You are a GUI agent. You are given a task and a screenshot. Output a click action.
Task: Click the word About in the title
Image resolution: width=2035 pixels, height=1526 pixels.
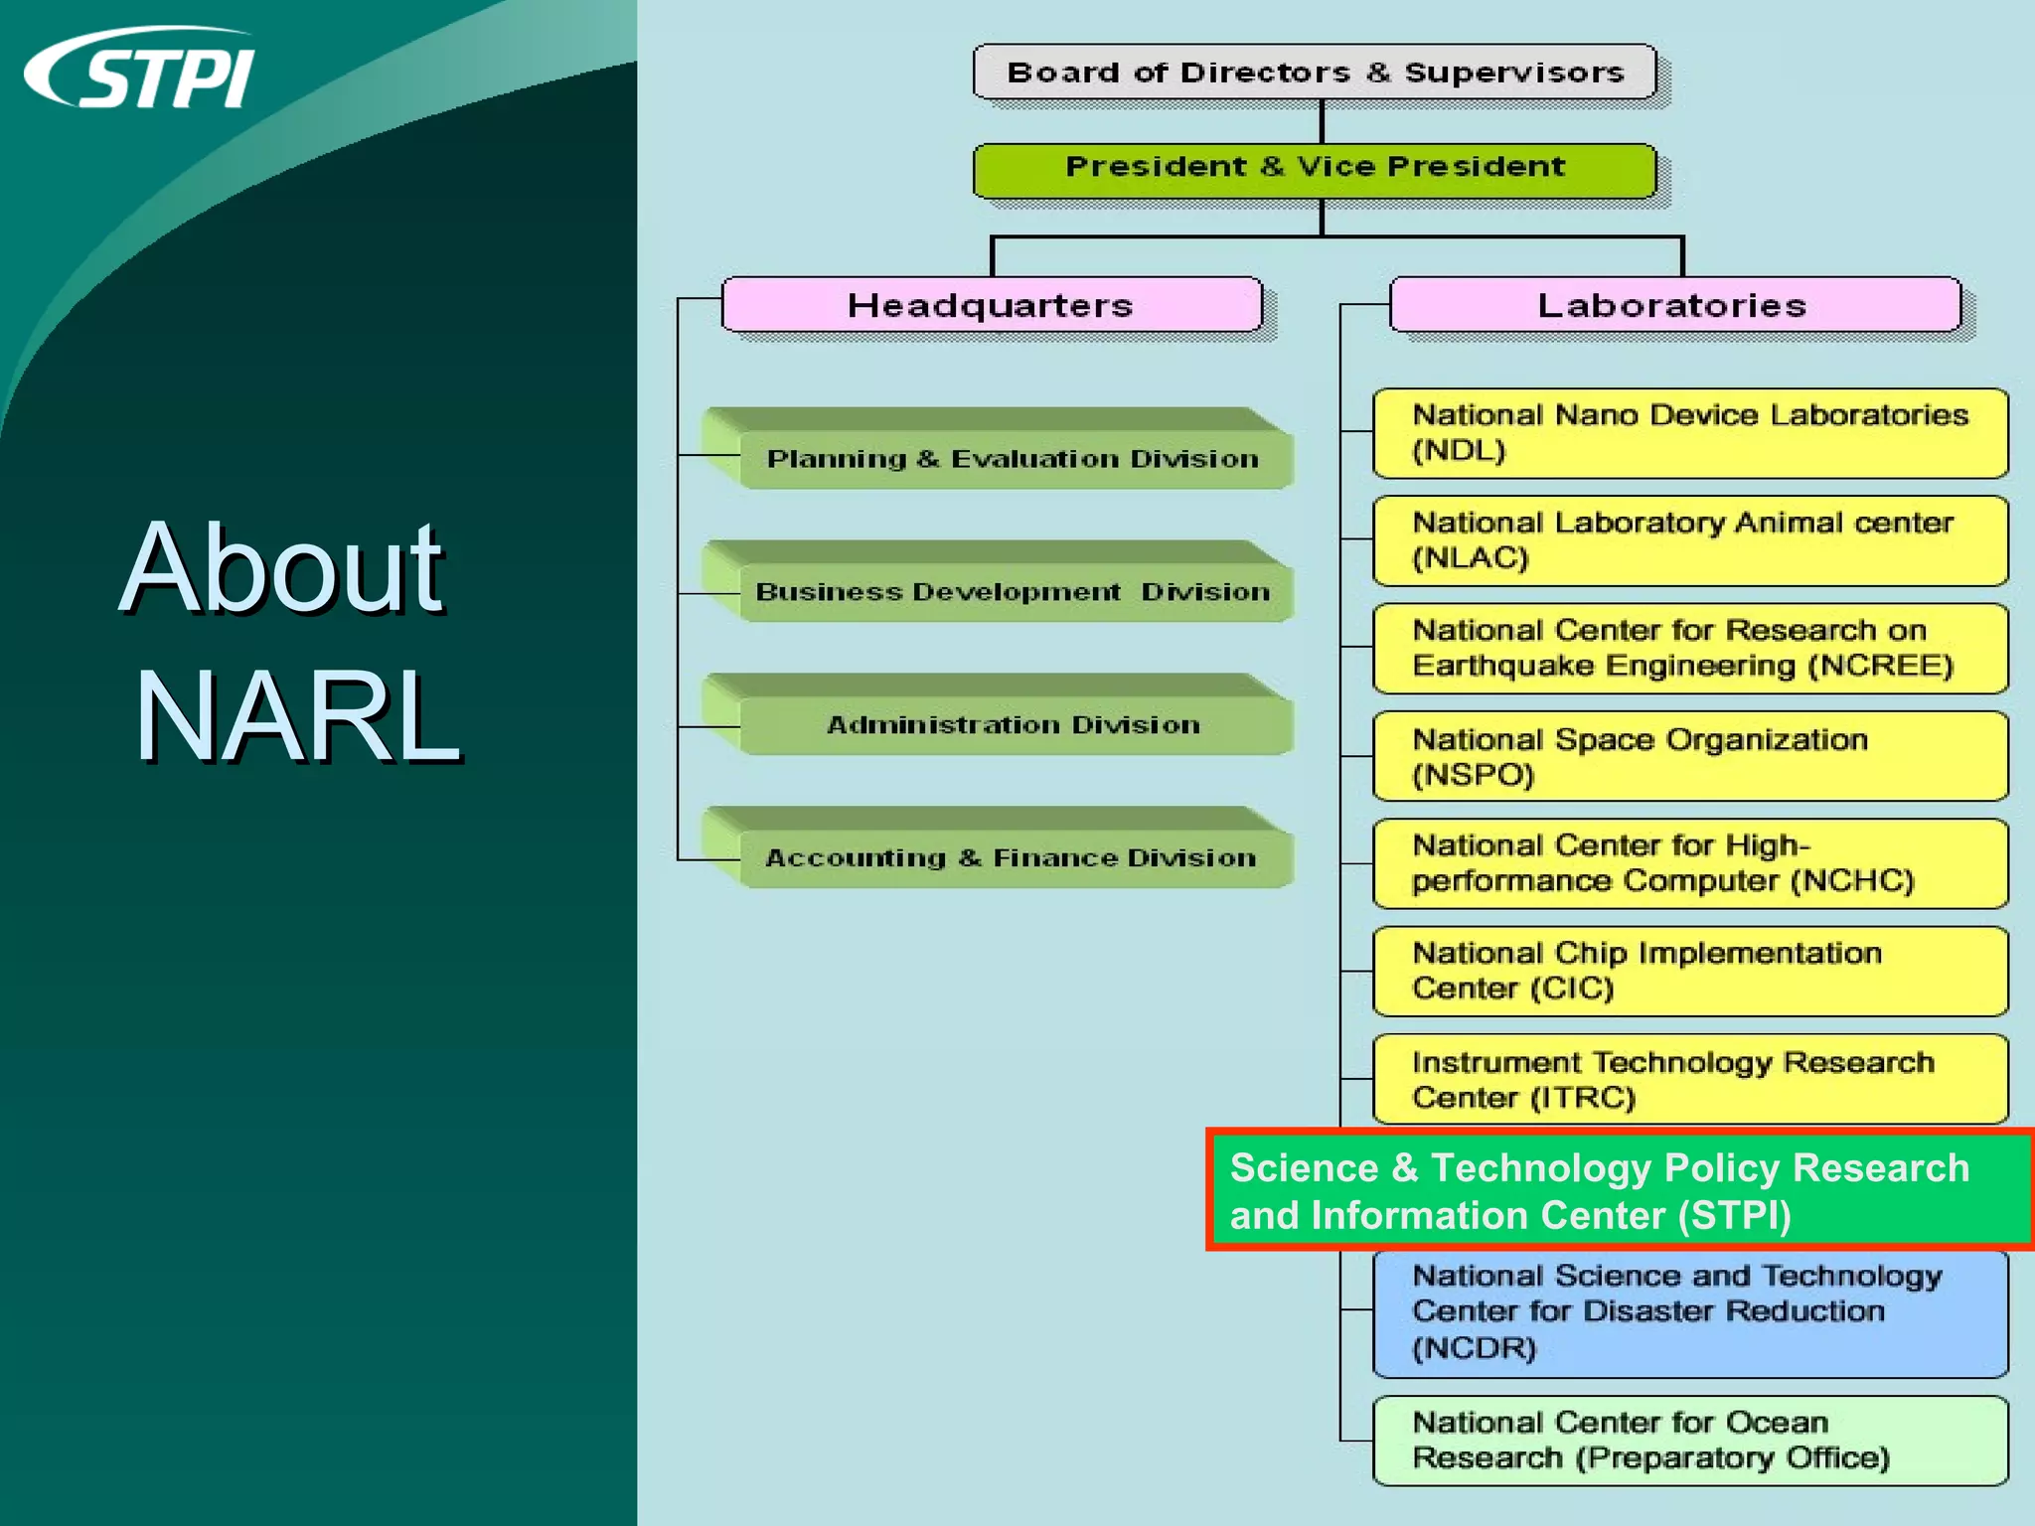pos(281,569)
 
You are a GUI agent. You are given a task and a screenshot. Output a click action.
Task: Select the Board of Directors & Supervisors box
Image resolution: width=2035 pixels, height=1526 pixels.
pos(1315,73)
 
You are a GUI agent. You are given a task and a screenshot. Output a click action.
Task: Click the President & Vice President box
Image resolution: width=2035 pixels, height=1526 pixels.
pos(1315,167)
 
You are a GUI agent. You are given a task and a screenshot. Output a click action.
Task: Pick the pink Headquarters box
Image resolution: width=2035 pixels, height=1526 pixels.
pos(991,305)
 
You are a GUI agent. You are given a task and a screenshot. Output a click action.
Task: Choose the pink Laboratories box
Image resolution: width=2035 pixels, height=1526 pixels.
pos(1673,305)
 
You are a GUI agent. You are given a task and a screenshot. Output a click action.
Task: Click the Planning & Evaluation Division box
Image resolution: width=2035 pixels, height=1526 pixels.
pos(1012,459)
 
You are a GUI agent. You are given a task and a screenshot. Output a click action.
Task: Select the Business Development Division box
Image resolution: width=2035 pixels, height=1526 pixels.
pos(1012,592)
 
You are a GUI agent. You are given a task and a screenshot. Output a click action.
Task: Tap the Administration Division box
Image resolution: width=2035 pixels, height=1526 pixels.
pos(1012,725)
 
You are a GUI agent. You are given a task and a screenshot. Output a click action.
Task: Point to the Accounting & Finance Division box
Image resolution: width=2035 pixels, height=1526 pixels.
pos(1012,858)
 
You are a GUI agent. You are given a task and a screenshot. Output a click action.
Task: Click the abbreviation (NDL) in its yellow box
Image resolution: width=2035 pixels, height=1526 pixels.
pos(1459,451)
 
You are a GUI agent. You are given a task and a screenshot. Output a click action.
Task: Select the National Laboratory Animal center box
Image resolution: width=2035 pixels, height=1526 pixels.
pos(1689,540)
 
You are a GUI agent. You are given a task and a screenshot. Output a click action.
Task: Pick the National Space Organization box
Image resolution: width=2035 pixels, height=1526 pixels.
pos(1689,756)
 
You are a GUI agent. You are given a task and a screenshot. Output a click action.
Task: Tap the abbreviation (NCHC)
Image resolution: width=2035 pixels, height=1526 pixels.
pos(1852,881)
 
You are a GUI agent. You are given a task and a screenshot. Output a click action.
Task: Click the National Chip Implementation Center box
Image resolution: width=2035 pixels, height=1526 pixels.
pos(1689,971)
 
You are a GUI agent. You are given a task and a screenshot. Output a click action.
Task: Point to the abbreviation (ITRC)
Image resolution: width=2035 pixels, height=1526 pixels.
pos(1582,1098)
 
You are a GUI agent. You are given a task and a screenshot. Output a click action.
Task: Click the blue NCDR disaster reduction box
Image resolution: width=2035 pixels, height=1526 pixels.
pos(1689,1312)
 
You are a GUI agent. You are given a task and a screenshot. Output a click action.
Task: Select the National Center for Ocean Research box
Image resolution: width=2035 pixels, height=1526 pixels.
pos(1689,1441)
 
